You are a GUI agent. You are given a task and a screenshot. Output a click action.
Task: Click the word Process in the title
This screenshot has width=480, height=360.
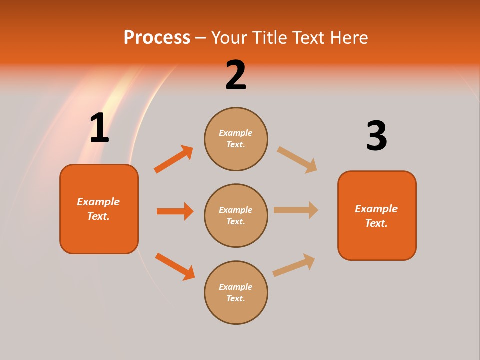pos(157,38)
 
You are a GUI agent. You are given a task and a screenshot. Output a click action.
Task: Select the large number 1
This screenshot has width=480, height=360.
pos(99,128)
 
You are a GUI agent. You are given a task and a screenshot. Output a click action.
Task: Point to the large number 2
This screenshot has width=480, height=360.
pos(236,76)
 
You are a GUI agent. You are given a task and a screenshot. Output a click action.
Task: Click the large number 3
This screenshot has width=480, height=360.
pos(376,136)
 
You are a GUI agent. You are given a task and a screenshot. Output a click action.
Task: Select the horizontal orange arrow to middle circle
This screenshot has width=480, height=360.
pos(175,211)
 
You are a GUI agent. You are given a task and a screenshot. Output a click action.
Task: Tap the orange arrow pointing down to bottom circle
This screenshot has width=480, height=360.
pos(175,266)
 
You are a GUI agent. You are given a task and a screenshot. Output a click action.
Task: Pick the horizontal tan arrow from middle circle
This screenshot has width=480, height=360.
pos(295,210)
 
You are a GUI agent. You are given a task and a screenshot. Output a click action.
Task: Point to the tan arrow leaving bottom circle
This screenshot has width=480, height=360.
pos(294,265)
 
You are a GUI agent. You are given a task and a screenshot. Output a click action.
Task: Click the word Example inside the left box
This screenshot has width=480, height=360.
pos(98,202)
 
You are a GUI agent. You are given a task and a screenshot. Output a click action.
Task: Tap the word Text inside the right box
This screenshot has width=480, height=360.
pos(376,223)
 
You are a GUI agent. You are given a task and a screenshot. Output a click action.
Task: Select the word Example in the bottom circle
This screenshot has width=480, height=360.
pos(235,287)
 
